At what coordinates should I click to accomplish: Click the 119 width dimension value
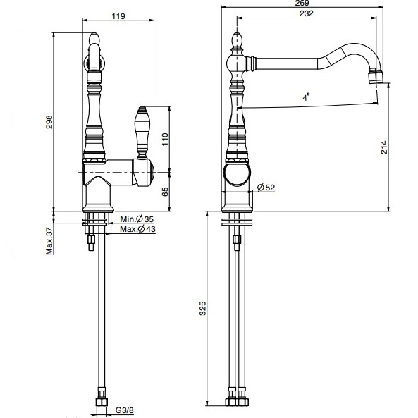[118, 16]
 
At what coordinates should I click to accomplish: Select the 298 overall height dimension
[49, 122]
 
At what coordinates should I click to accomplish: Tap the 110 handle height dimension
[165, 139]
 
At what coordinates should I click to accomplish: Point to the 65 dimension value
[165, 192]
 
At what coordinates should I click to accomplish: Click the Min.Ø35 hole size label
[137, 219]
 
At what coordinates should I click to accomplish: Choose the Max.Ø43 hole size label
[137, 229]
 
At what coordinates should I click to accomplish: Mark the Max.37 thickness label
[49, 242]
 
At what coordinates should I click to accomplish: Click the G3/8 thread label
[124, 410]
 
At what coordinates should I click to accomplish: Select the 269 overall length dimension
[302, 4]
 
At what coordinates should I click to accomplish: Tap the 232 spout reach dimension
[307, 13]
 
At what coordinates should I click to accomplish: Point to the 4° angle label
[306, 97]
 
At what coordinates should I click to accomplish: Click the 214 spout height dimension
[384, 147]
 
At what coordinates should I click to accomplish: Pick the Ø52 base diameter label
[266, 188]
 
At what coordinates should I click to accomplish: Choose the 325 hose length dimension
[203, 309]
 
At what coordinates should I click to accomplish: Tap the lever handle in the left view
[142, 133]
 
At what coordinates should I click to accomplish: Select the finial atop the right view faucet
[237, 40]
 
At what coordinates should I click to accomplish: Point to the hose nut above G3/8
[102, 402]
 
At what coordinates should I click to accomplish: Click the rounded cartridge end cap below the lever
[152, 173]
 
